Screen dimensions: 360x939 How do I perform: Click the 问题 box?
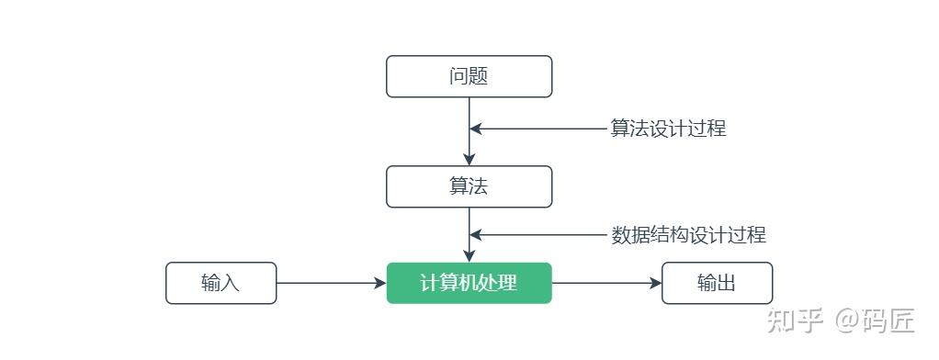point(469,76)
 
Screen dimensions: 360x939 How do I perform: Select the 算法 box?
point(469,186)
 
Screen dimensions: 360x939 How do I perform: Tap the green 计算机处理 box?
point(469,283)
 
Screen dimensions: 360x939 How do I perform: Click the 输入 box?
point(221,283)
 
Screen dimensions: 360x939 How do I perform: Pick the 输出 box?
point(717,283)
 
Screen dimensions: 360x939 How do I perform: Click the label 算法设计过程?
point(668,129)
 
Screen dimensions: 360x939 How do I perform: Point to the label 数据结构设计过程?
point(688,235)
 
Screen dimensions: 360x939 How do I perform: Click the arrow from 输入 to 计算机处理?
point(331,283)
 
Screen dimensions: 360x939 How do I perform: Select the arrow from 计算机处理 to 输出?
point(606,283)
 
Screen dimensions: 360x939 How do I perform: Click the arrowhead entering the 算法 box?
point(469,160)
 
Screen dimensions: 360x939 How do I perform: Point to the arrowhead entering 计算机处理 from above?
point(469,256)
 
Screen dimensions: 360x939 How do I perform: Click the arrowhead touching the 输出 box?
point(655,283)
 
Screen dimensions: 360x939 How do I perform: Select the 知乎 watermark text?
point(793,321)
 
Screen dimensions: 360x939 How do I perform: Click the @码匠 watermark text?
point(875,321)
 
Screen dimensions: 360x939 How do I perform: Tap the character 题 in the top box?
point(479,76)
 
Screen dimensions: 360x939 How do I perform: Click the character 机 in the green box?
point(469,283)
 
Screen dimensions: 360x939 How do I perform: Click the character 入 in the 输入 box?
point(231,283)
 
